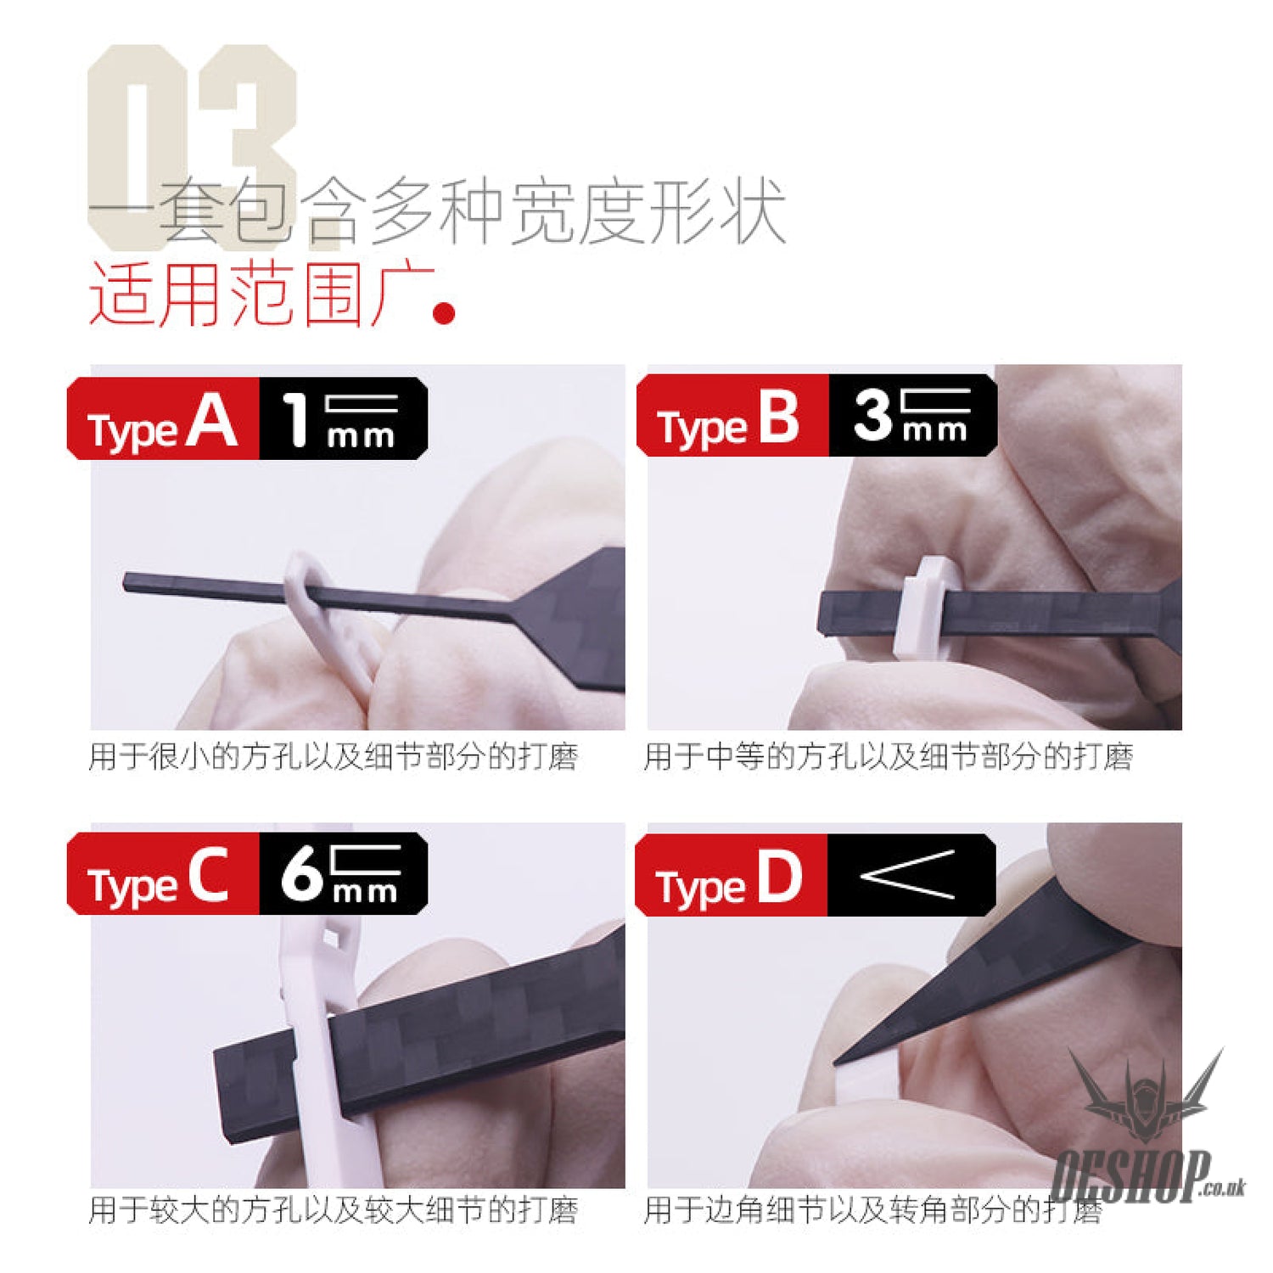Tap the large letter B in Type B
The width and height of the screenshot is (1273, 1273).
coord(779,417)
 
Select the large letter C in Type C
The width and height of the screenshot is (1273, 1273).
coord(208,875)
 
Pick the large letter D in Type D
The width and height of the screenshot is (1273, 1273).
coord(779,877)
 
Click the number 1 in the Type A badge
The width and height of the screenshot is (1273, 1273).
coord(295,419)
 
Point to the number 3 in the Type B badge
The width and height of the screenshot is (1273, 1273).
coord(872,416)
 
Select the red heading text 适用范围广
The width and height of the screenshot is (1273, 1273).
coord(261,294)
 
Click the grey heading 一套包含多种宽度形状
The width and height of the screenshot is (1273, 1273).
coord(437,212)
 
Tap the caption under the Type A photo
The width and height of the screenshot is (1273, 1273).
coord(334,756)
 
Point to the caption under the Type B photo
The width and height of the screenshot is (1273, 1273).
coord(889,756)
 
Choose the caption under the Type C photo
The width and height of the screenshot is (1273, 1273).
coord(334,1210)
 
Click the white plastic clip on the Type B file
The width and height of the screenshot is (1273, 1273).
coord(923,607)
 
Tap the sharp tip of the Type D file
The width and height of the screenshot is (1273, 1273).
coord(836,1062)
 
